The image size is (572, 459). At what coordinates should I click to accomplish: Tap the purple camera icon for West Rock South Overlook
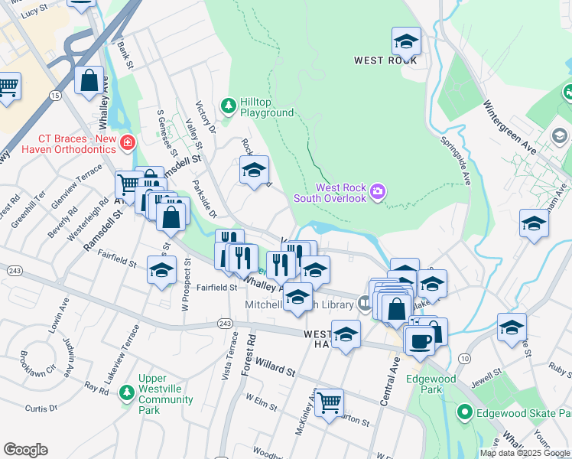click(377, 190)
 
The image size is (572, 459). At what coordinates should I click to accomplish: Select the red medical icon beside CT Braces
click(127, 142)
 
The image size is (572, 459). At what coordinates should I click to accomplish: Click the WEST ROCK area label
click(385, 60)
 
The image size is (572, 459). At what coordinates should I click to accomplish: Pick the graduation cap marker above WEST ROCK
click(406, 41)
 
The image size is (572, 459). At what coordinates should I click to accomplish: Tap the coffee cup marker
click(419, 341)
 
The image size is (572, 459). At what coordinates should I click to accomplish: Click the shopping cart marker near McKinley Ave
click(329, 401)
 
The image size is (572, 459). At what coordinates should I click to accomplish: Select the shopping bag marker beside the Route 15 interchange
click(89, 80)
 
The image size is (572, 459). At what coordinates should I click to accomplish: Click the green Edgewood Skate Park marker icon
click(463, 413)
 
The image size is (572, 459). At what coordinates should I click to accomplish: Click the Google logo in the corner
click(25, 450)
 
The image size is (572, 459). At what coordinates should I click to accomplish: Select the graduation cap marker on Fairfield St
click(161, 271)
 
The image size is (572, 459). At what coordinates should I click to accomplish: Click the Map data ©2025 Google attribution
click(525, 453)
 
